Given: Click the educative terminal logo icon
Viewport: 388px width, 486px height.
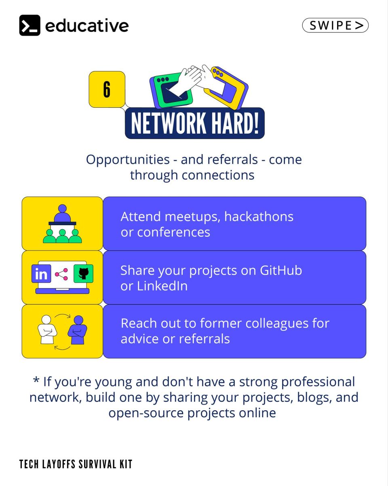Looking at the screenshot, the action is (x=30, y=25).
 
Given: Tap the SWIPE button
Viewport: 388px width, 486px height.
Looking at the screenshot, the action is (x=335, y=25).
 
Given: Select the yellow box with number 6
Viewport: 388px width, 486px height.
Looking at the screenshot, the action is (x=107, y=90).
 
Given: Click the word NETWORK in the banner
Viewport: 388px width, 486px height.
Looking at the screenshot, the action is (x=168, y=123).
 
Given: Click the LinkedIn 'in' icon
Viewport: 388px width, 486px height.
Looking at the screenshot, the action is (x=41, y=273).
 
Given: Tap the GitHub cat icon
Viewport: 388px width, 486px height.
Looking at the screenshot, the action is (x=83, y=273).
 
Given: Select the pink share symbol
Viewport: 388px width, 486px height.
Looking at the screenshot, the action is (x=61, y=274).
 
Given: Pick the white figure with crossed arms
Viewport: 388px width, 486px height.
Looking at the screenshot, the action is (x=47, y=330).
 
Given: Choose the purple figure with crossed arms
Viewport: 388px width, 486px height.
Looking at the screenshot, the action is (x=78, y=330).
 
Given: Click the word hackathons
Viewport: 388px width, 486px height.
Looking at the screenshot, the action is (x=259, y=217).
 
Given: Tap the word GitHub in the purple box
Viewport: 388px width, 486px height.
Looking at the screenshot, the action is (x=280, y=270).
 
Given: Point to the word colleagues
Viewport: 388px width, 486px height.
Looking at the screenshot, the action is (x=277, y=324).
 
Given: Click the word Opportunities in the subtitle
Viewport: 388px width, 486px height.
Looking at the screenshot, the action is (x=128, y=160).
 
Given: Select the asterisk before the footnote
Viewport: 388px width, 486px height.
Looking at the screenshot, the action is (x=36, y=380).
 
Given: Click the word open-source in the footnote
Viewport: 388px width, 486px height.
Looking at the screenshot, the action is (x=146, y=413).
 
